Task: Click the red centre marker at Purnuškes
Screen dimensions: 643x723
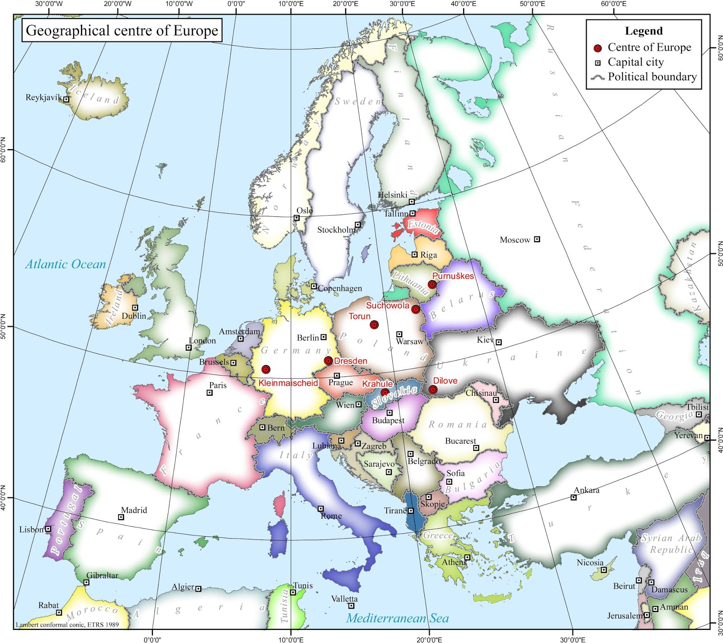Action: click(432, 285)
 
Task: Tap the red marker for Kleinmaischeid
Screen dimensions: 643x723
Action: click(266, 370)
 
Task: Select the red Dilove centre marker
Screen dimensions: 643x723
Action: click(433, 390)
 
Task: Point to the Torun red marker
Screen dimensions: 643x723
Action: click(374, 325)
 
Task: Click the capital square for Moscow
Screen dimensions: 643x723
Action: click(537, 239)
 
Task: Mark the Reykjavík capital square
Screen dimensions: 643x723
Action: click(66, 99)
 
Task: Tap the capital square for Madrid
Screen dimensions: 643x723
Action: click(121, 517)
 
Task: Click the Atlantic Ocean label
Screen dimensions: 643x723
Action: click(66, 264)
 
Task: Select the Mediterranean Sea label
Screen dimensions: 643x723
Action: click(398, 618)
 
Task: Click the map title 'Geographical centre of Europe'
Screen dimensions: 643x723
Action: click(122, 31)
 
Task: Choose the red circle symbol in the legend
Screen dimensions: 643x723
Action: click(598, 48)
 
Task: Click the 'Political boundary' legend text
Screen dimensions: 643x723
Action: click(652, 77)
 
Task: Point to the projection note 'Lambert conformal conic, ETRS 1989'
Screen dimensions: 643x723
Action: click(67, 625)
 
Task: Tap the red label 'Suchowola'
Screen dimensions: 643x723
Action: click(387, 305)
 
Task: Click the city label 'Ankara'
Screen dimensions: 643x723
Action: click(587, 490)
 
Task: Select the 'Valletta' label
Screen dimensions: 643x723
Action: click(344, 599)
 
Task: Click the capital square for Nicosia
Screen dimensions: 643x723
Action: click(604, 570)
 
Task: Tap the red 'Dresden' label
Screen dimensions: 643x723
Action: click(351, 361)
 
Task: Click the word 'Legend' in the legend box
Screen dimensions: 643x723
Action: click(643, 31)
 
